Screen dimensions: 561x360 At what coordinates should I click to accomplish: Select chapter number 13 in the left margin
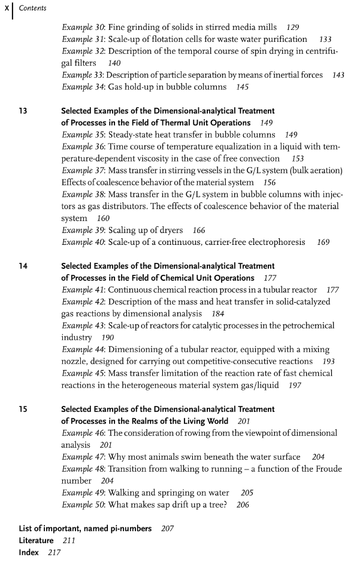click(x=23, y=111)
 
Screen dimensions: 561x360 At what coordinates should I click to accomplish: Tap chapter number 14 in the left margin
click(x=23, y=266)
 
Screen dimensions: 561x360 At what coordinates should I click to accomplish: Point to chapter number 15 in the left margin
click(x=23, y=409)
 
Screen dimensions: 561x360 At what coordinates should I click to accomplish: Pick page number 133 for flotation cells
click(x=325, y=39)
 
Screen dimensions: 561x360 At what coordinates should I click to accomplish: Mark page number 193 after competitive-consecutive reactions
click(x=329, y=362)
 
